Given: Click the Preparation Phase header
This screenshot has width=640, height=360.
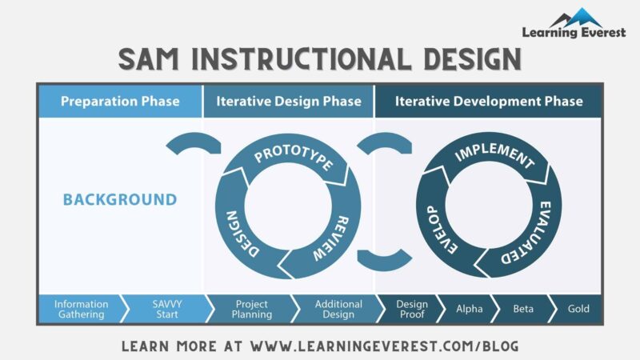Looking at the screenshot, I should click(120, 102).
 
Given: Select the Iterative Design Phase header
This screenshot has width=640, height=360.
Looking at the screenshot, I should click(288, 102).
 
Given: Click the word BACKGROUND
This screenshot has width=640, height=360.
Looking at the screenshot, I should click(120, 199).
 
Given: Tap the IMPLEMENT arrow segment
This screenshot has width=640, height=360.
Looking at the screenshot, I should click(494, 158).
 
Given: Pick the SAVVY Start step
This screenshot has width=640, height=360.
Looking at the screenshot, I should click(166, 309).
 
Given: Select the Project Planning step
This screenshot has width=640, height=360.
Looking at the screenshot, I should click(251, 309).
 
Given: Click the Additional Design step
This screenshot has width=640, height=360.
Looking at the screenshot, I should click(338, 309).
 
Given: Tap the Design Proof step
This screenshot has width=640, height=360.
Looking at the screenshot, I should click(412, 309).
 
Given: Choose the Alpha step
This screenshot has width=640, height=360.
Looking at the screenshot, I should click(469, 309).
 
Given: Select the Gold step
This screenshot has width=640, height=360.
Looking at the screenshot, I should click(578, 309).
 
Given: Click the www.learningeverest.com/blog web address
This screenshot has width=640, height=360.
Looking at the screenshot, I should click(385, 346).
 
